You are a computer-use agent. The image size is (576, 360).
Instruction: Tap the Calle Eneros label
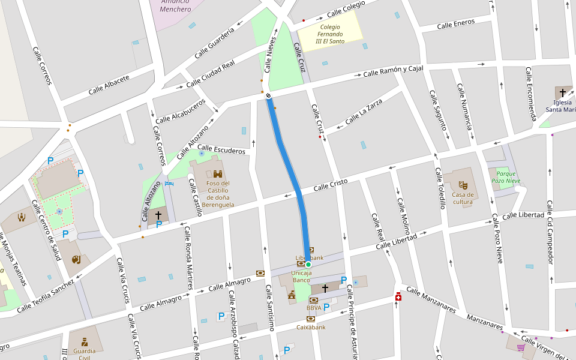click(x=455, y=24)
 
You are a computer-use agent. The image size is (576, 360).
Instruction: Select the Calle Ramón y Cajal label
click(x=393, y=71)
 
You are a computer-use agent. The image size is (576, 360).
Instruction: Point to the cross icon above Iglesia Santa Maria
click(x=562, y=92)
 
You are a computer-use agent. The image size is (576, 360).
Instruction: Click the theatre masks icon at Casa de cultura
click(x=463, y=185)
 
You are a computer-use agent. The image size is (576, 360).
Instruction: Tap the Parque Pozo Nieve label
click(x=506, y=177)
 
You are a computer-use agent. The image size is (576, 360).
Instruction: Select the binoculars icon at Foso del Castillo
click(x=218, y=173)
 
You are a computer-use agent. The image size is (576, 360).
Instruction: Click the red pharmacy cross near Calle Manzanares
click(x=398, y=298)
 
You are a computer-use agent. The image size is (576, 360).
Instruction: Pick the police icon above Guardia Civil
click(x=84, y=341)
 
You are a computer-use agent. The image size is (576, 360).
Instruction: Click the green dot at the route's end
click(x=308, y=264)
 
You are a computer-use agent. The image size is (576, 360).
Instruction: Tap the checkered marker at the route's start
click(x=268, y=96)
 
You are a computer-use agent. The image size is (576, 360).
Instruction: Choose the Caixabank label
click(x=311, y=328)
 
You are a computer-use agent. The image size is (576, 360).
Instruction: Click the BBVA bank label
click(x=314, y=308)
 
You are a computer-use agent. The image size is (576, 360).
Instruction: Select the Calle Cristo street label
click(x=331, y=187)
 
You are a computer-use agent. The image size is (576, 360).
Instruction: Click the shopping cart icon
click(x=520, y=347)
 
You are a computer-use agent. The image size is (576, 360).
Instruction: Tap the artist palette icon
click(x=76, y=259)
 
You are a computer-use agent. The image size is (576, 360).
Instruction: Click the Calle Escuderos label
click(x=221, y=149)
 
